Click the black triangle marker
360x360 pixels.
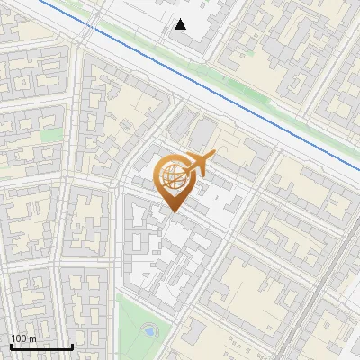point(181,24)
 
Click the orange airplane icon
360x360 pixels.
point(197,165)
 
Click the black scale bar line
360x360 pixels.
point(40,346)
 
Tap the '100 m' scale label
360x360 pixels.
point(24,338)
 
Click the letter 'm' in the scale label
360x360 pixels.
point(33,338)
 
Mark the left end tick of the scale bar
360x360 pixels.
point(10,345)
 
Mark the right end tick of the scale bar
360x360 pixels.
point(72,345)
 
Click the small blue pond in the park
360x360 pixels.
point(148,331)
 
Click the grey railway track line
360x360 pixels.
point(328,288)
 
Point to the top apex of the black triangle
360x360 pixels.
point(181,19)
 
